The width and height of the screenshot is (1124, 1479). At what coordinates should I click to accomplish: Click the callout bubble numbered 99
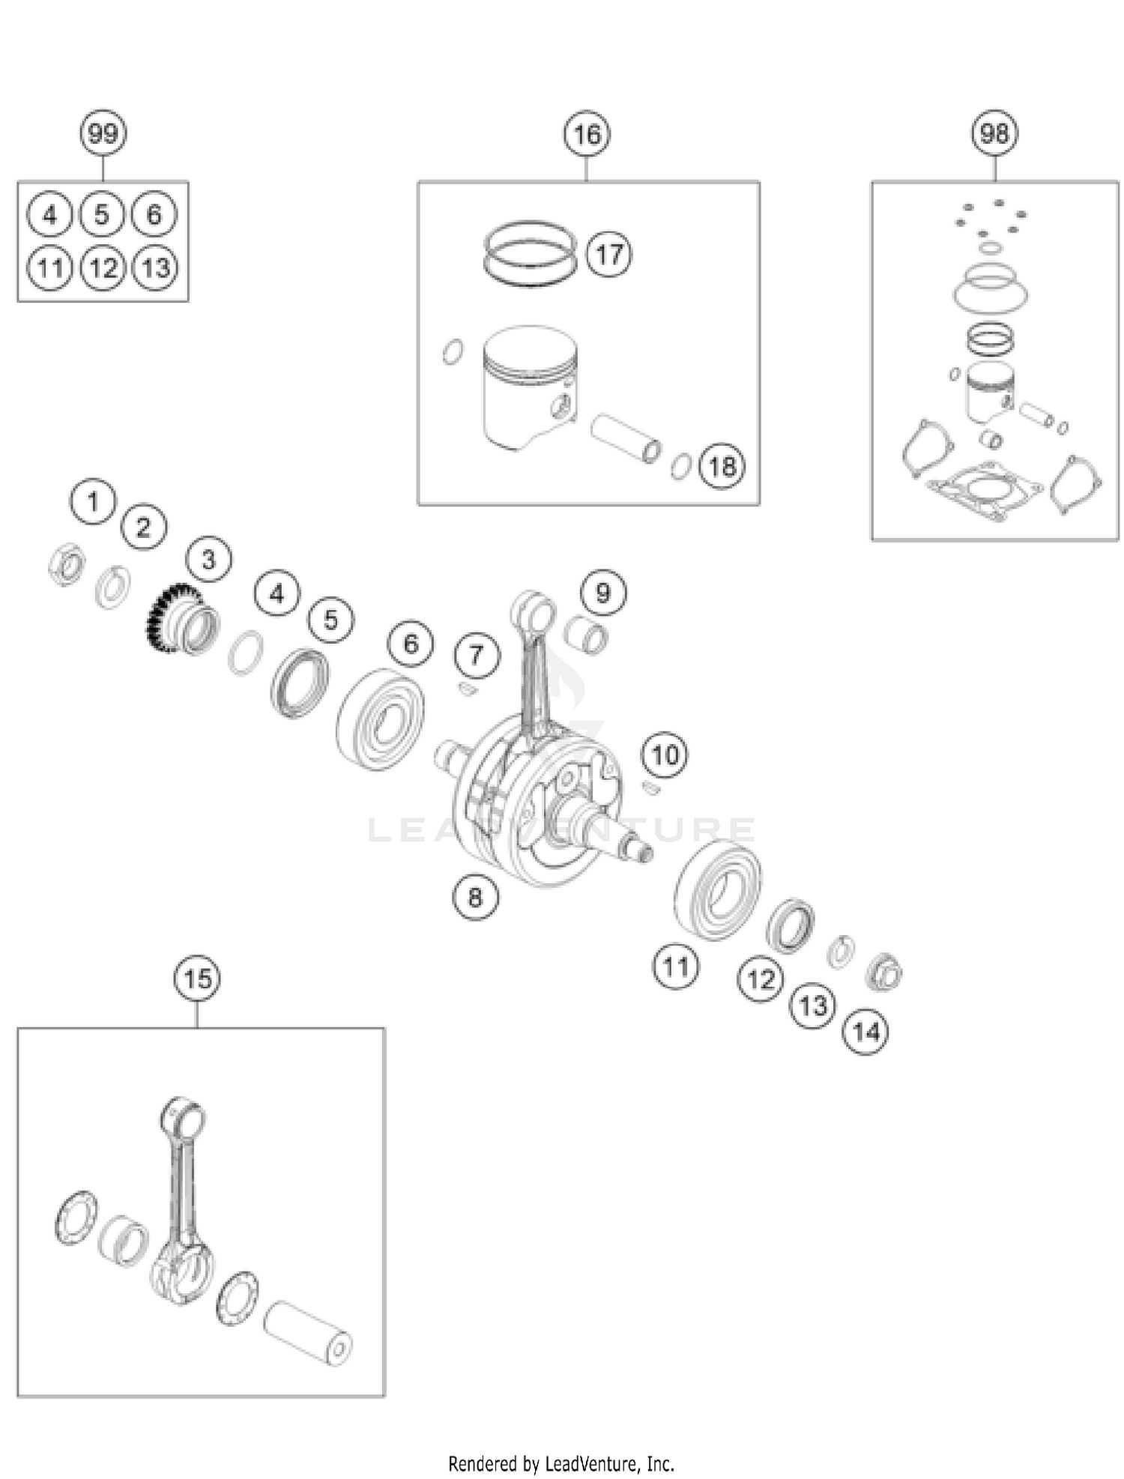[103, 134]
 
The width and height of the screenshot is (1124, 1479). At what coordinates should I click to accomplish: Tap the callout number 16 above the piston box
[587, 134]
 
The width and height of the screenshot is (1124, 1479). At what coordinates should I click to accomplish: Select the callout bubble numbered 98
[994, 133]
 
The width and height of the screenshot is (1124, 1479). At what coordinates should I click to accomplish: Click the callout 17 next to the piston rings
[608, 255]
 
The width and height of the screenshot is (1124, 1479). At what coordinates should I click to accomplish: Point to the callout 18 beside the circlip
[722, 466]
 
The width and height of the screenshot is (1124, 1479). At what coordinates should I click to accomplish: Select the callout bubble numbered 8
[475, 897]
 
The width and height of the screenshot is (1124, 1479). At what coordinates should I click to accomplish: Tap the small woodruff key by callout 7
[466, 689]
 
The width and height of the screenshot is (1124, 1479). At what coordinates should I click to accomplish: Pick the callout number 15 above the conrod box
[197, 979]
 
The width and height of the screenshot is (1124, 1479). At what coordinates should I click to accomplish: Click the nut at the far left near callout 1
[66, 564]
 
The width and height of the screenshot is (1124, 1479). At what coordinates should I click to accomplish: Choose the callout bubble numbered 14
[866, 1032]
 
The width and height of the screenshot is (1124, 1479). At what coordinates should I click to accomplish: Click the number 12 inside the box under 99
[103, 268]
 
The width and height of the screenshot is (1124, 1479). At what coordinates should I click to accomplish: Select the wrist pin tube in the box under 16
[626, 440]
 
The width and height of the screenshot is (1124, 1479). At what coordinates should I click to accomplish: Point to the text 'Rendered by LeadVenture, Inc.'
[561, 1463]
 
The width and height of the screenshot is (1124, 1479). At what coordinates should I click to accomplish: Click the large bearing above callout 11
[718, 889]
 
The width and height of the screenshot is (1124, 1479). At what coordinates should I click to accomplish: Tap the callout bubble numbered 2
[143, 527]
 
